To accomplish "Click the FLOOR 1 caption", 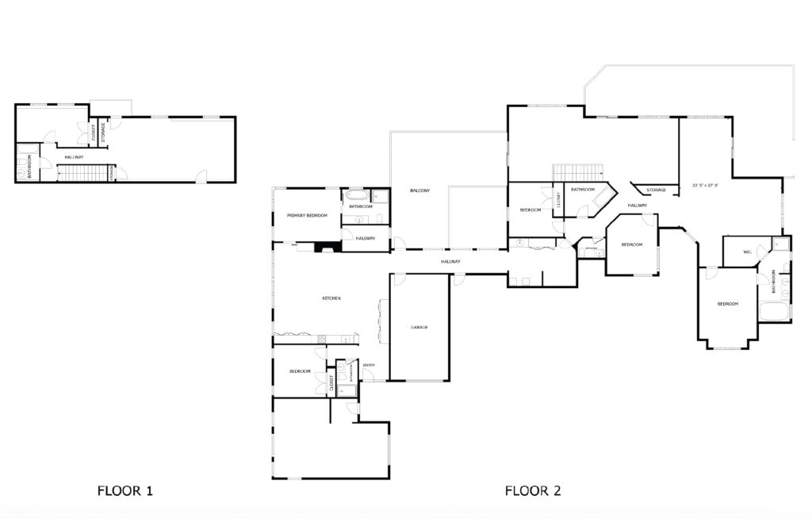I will (x=124, y=491).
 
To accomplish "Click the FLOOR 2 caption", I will (x=533, y=491).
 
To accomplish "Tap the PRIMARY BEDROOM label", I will (x=308, y=215).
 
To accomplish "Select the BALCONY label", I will (x=419, y=190).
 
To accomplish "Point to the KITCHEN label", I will (x=331, y=298).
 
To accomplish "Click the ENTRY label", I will (x=369, y=365).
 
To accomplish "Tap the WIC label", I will (x=747, y=252).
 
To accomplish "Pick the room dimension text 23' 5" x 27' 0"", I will (x=704, y=186).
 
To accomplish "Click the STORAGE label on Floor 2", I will (x=656, y=190).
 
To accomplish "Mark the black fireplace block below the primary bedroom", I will (x=326, y=248).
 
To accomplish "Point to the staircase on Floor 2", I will (x=578, y=171).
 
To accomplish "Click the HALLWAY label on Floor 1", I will (x=74, y=157).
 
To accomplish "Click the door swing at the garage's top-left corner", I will (x=397, y=279).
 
